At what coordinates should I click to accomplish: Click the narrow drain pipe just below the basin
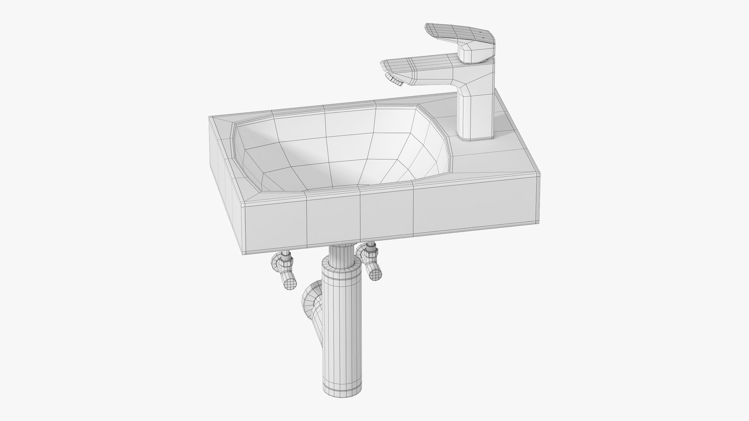pyautogui.click(x=338, y=253)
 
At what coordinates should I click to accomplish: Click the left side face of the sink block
pyautogui.click(x=224, y=164)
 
